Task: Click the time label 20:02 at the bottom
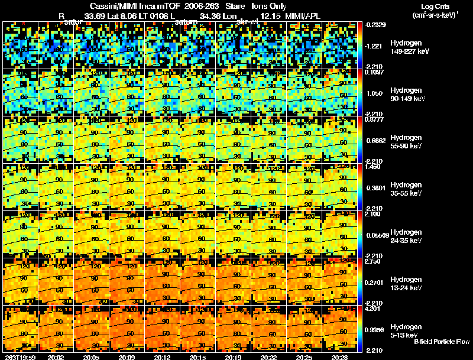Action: click(x=56, y=356)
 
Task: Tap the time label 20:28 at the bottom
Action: click(x=342, y=356)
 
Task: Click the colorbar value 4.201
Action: click(x=371, y=309)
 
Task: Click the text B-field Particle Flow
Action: click(x=441, y=342)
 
